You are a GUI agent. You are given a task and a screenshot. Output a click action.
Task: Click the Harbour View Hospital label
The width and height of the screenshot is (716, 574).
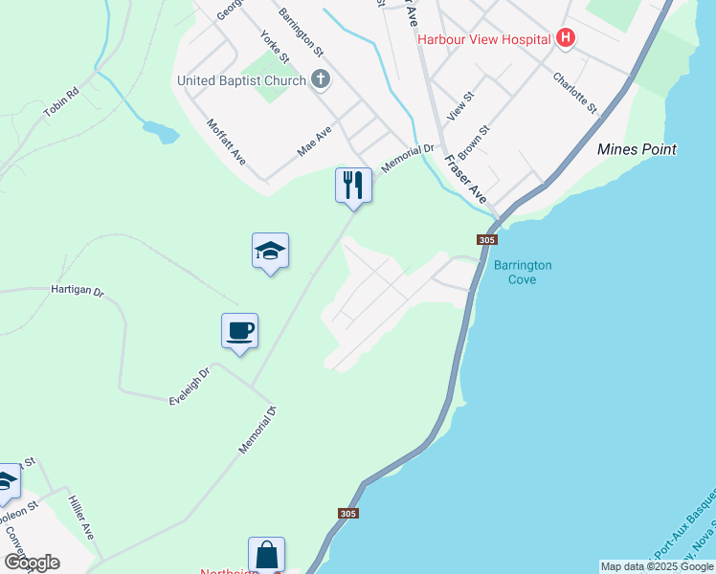pos(484,39)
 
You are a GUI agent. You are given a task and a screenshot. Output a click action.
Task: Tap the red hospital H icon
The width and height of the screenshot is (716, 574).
pos(566,38)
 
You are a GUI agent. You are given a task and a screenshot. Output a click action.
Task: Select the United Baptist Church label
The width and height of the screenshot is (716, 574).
pos(241,80)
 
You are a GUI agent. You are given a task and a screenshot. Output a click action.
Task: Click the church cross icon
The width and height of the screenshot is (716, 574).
pos(321,80)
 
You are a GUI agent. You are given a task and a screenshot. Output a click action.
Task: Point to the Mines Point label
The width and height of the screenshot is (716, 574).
pos(637,149)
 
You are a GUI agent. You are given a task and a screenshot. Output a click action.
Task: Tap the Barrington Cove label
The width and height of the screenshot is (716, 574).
pos(522,272)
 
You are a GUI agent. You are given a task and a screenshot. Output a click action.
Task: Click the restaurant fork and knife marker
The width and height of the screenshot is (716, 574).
pos(353,185)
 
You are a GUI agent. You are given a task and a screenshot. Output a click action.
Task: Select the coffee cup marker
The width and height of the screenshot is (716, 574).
pos(239,331)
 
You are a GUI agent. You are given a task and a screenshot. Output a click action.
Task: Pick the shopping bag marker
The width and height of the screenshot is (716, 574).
pos(266,555)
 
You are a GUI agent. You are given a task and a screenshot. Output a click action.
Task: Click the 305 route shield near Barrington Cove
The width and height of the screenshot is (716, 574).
pos(486,240)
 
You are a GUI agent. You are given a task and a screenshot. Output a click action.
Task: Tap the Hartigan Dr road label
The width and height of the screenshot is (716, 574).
pos(77,289)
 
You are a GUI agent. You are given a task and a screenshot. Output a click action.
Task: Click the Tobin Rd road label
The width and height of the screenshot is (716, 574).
pos(59,102)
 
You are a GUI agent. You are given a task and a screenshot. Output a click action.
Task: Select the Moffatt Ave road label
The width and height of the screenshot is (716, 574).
pos(227,141)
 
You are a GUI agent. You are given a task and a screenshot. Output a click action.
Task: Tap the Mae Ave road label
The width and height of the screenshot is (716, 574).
pos(314,142)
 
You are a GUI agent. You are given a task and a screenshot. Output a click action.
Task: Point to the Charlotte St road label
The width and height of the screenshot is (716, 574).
pos(574,93)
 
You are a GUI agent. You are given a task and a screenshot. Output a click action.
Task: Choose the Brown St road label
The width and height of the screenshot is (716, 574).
pos(474,142)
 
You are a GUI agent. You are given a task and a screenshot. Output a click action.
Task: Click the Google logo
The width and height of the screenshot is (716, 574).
pos(32,563)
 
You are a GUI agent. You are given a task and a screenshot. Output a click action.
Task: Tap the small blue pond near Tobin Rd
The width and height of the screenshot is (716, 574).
pos(160,131)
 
